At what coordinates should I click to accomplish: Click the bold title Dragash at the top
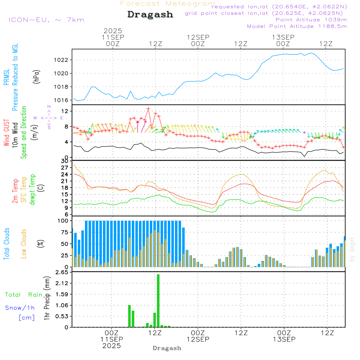pyautogui.click(x=150, y=15)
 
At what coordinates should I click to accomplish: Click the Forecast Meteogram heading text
pyautogui.click(x=168, y=4)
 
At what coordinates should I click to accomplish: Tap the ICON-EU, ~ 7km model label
pyautogui.click(x=46, y=20)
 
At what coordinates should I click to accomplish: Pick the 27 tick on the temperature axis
pyautogui.click(x=65, y=168)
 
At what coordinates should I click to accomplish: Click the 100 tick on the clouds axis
pyautogui.click(x=63, y=221)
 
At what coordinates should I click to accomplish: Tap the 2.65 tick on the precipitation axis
pyautogui.click(x=62, y=272)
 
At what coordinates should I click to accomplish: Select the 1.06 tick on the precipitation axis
pyautogui.click(x=62, y=305)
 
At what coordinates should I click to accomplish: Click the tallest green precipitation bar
pyautogui.click(x=158, y=301)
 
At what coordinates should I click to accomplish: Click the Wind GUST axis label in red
pyautogui.click(x=6, y=133)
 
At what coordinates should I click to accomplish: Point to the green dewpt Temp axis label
pyautogui.click(x=32, y=190)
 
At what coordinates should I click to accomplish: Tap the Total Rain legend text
pyautogui.click(x=23, y=294)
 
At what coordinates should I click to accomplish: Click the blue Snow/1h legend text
pyautogui.click(x=20, y=308)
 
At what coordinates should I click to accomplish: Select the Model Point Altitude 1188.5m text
pyautogui.click(x=297, y=26)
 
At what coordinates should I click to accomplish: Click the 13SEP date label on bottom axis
pyautogui.click(x=284, y=339)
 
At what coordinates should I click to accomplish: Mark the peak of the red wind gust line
pyautogui.click(x=148, y=108)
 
